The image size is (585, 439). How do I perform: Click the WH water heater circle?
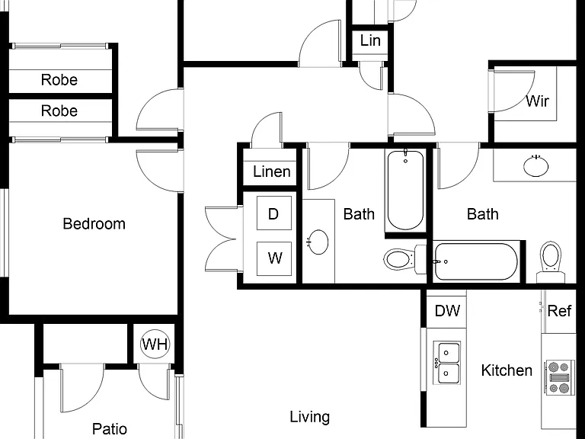pyautogui.click(x=155, y=344)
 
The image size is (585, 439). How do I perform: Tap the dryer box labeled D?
pyautogui.click(x=274, y=213)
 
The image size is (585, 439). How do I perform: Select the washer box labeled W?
pyautogui.click(x=274, y=258)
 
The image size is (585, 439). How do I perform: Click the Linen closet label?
pyautogui.click(x=272, y=171)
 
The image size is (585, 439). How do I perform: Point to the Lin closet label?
pyautogui.click(x=370, y=40)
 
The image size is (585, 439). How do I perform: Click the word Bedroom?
pyautogui.click(x=94, y=223)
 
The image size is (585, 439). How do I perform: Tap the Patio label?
pyautogui.click(x=110, y=429)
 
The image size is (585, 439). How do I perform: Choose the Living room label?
pyautogui.click(x=310, y=417)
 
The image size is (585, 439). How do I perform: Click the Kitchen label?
pyautogui.click(x=507, y=370)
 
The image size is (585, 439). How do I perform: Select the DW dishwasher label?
pyautogui.click(x=447, y=311)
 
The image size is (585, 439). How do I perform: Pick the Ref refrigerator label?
pyautogui.click(x=559, y=311)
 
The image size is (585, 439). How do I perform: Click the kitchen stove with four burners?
pyautogui.click(x=559, y=377)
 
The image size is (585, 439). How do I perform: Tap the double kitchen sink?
pyautogui.click(x=447, y=363)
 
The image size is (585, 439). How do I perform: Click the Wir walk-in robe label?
pyautogui.click(x=537, y=101)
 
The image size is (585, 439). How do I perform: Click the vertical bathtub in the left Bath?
pyautogui.click(x=405, y=190)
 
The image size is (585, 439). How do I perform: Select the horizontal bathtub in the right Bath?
pyautogui.click(x=475, y=261)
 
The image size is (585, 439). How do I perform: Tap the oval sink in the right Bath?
pyautogui.click(x=535, y=166)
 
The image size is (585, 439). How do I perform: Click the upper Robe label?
pyautogui.click(x=59, y=80)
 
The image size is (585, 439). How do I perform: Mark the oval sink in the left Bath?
pyautogui.click(x=318, y=242)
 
